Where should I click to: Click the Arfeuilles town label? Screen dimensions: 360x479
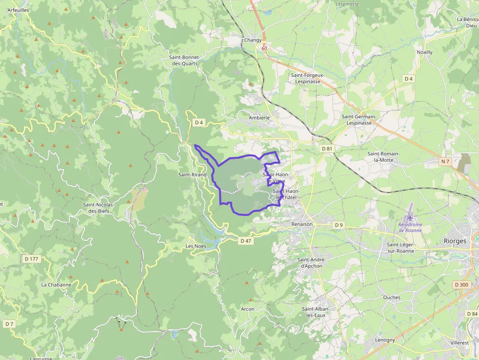[x=19, y=10]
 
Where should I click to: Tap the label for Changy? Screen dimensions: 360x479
[x=253, y=40]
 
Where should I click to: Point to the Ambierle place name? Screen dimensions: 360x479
[x=259, y=118]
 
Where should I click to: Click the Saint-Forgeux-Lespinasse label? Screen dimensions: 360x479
[x=307, y=78]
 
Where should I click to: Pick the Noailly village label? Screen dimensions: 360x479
[x=424, y=52]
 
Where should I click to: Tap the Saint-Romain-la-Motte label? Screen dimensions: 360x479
[x=384, y=157]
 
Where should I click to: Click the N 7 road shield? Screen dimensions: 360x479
[x=445, y=161]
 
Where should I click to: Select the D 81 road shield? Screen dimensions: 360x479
[x=327, y=148]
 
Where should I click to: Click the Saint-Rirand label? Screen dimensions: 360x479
[x=192, y=174]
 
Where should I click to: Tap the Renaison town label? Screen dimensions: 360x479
[x=302, y=224]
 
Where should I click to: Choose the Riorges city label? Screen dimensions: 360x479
[x=455, y=241]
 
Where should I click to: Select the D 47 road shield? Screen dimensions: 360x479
[x=245, y=241]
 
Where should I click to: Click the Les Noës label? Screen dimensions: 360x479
[x=196, y=246]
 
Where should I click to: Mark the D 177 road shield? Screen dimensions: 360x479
[x=31, y=258]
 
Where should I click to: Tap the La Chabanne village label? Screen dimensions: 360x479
[x=56, y=285]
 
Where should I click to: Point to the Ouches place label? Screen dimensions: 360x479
[x=392, y=297]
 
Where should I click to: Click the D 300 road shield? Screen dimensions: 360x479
[x=461, y=284]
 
